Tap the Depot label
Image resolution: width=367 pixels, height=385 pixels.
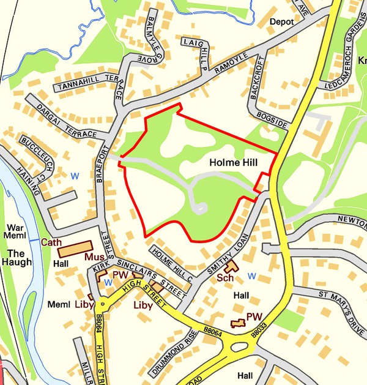pos(281,21)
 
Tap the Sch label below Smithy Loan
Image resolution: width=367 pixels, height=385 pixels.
pos(224,277)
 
